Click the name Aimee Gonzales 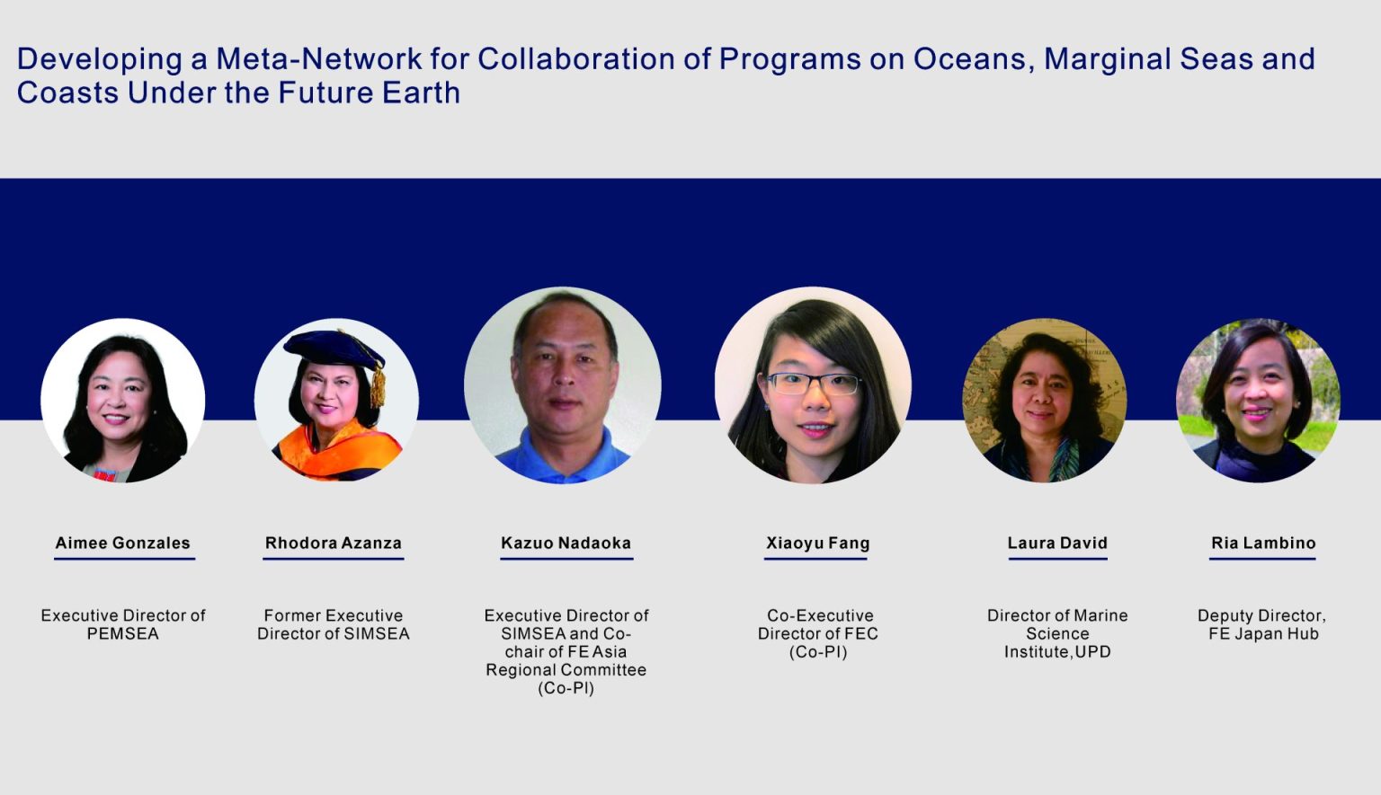click(123, 543)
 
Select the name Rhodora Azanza click(333, 543)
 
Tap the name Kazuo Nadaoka click(566, 543)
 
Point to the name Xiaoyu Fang click(817, 543)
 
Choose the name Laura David click(1057, 543)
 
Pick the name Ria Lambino click(1263, 543)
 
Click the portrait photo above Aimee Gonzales click(123, 401)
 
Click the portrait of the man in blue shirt click(563, 385)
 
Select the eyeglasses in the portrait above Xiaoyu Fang click(813, 384)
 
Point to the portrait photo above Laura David click(1044, 401)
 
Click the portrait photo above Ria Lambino click(1258, 401)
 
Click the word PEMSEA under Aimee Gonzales click(123, 634)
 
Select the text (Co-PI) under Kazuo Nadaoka click(566, 688)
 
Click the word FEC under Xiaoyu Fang click(861, 634)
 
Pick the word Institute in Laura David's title click(1036, 652)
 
